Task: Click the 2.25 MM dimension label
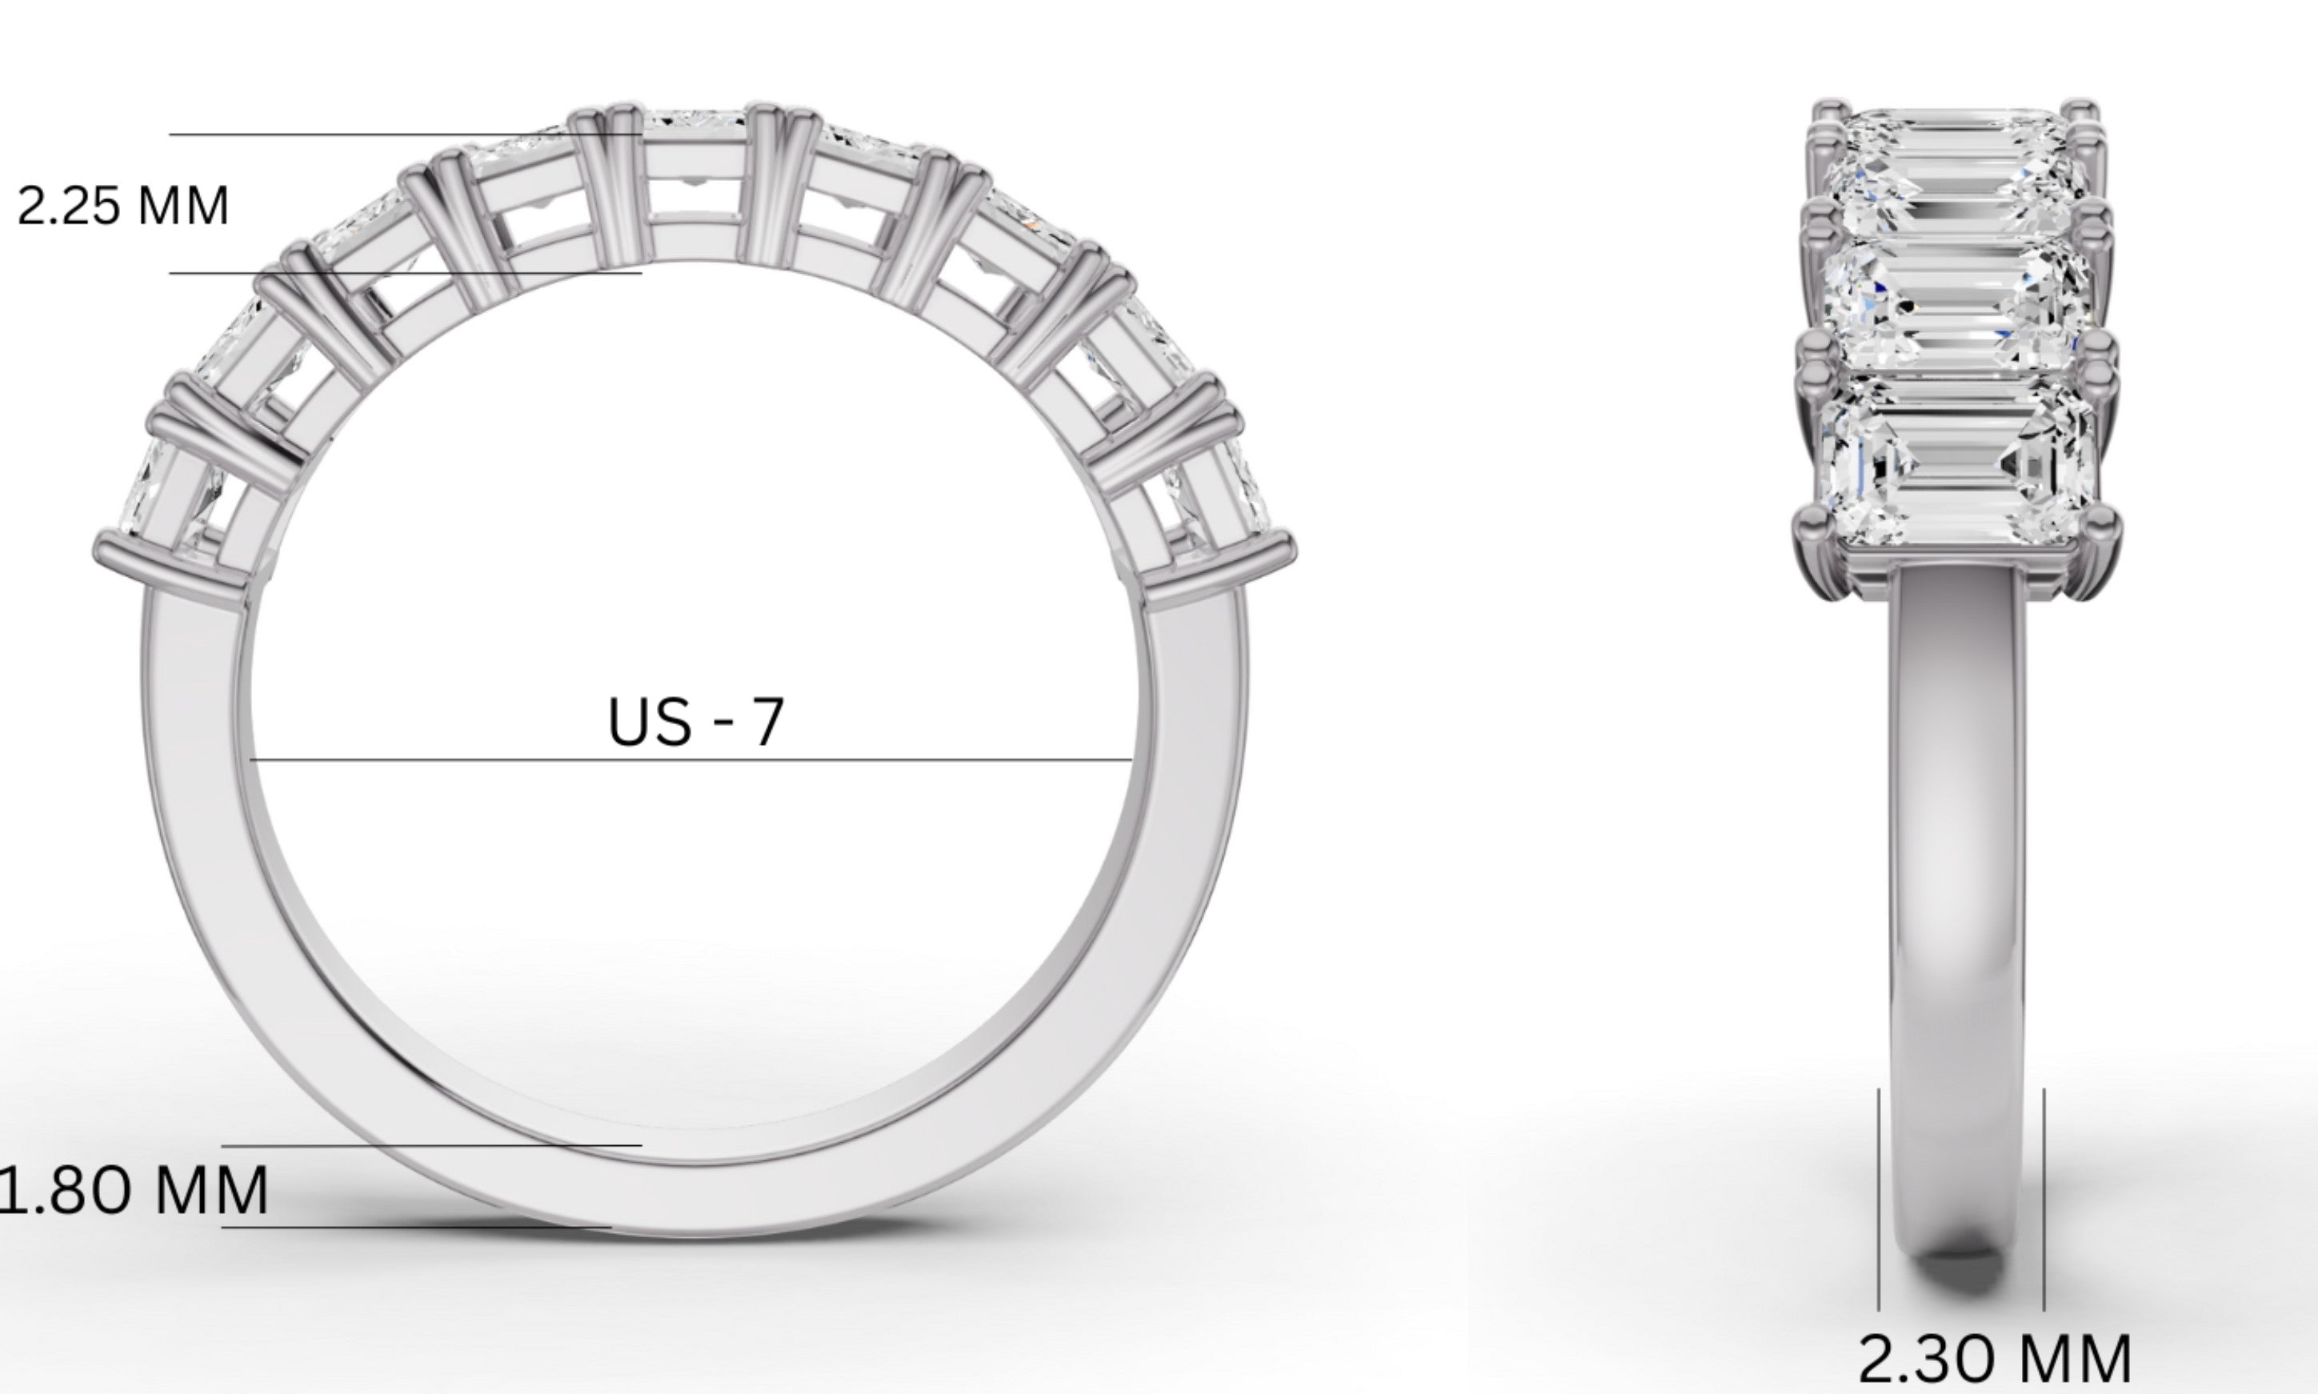tap(123, 206)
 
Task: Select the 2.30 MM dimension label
tap(1994, 1360)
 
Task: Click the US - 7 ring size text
tap(695, 723)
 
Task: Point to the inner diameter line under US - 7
tap(691, 759)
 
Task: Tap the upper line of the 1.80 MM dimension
tap(432, 1146)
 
